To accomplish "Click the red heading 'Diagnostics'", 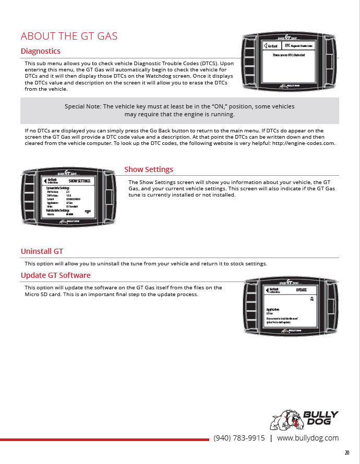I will coord(40,51).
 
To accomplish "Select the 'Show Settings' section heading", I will coord(149,169).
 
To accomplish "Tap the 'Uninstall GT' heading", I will coord(42,251).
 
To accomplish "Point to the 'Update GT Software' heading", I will coord(55,275).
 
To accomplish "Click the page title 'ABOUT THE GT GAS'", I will coord(69,36).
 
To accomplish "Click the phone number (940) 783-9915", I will coord(239,438).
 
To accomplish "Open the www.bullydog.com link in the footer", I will coord(308,438).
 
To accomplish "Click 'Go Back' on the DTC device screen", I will coord(271,46).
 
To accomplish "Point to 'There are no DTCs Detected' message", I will coord(289,55).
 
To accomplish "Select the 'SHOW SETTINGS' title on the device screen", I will coord(79,181).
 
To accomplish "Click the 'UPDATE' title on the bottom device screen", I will coord(301,290).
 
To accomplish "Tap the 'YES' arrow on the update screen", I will coord(312,298).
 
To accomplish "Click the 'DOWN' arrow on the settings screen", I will coord(88,211).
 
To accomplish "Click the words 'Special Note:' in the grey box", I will coord(82,106).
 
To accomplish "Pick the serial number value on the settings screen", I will coord(73,199).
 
